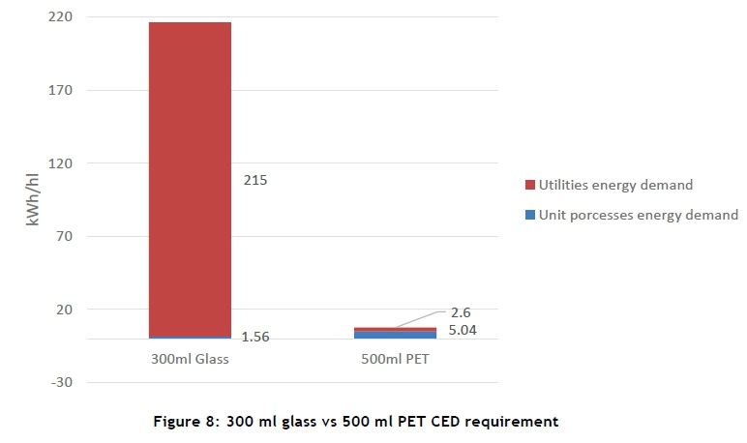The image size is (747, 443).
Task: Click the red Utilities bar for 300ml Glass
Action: point(190,179)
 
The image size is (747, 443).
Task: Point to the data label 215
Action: point(255,180)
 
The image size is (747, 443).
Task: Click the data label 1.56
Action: point(254,337)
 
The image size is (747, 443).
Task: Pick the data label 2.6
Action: point(461,312)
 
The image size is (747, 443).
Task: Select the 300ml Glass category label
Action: point(190,359)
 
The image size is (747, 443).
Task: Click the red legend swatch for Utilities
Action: point(529,185)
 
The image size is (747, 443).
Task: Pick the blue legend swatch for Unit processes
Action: point(529,215)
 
